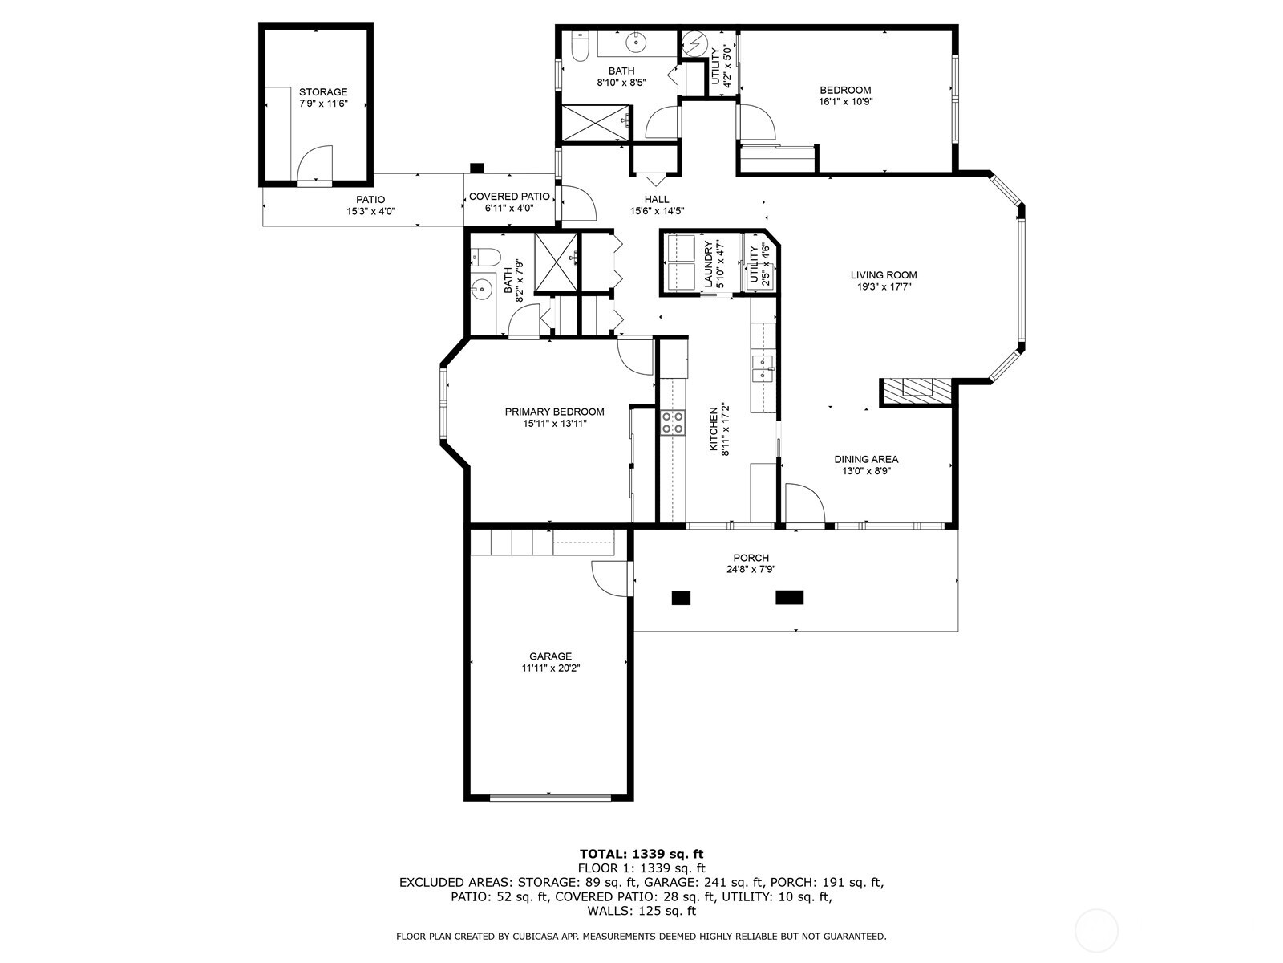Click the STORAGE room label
[x=323, y=92]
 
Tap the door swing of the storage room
[x=317, y=164]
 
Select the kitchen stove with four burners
[x=673, y=422]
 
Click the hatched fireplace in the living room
[x=916, y=391]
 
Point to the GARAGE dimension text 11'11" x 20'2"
[x=550, y=667]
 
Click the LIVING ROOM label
[x=884, y=275]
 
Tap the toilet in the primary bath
[x=485, y=258]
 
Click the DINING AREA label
[x=866, y=460]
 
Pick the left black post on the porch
[x=681, y=597]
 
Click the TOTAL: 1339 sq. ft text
[x=641, y=854]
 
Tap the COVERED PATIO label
[x=509, y=197]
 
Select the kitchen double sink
[x=761, y=369]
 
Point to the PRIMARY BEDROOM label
[x=554, y=412]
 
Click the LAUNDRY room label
[x=708, y=265]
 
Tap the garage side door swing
[x=611, y=579]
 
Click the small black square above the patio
[x=477, y=168]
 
